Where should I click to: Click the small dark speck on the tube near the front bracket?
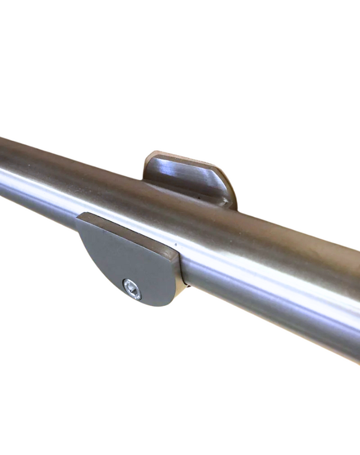coord(176,245)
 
